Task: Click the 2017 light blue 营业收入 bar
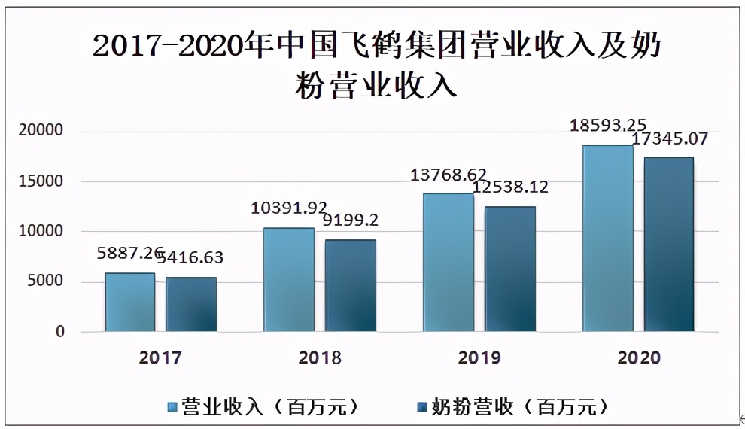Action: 129,302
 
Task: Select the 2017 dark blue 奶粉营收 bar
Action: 191,304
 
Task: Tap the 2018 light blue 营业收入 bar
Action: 289,279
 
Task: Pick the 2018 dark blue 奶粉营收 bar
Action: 351,285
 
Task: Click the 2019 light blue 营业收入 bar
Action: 449,262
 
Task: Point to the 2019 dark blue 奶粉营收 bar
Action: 510,269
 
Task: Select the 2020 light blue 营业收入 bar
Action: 608,238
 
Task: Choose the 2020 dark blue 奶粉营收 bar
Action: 669,244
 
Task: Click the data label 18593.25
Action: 608,125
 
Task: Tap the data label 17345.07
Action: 670,139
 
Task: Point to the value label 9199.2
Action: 350,221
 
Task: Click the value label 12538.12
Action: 511,187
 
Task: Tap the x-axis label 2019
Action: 479,357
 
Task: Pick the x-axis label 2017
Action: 160,357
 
